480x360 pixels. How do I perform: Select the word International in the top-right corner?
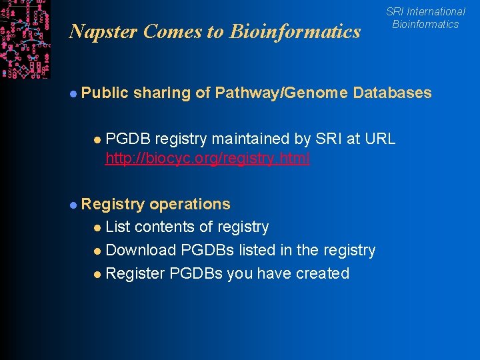point(436,11)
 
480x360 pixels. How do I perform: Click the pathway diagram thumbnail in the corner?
point(25,39)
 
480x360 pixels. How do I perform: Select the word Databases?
point(393,93)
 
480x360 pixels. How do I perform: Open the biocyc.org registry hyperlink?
point(207,159)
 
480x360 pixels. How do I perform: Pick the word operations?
point(190,204)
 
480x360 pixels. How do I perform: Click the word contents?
point(166,227)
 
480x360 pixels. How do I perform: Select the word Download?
point(139,251)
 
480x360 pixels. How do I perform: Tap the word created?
point(323,273)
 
